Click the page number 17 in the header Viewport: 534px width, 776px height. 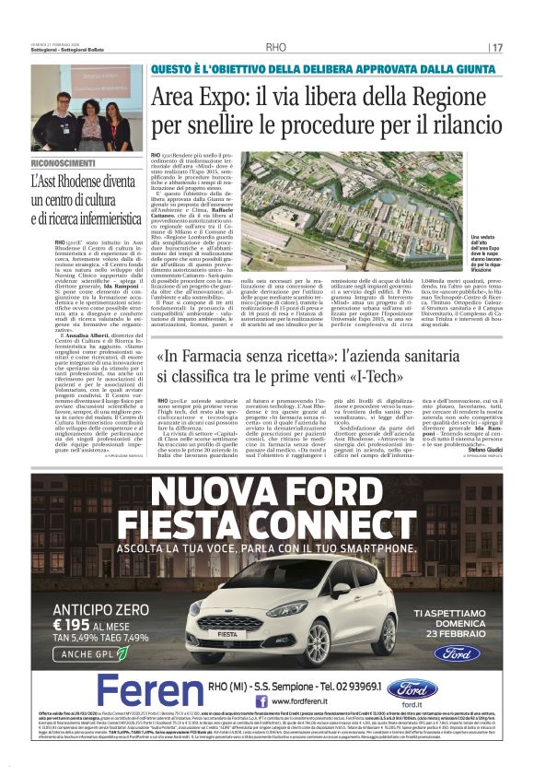pyautogui.click(x=497, y=48)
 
